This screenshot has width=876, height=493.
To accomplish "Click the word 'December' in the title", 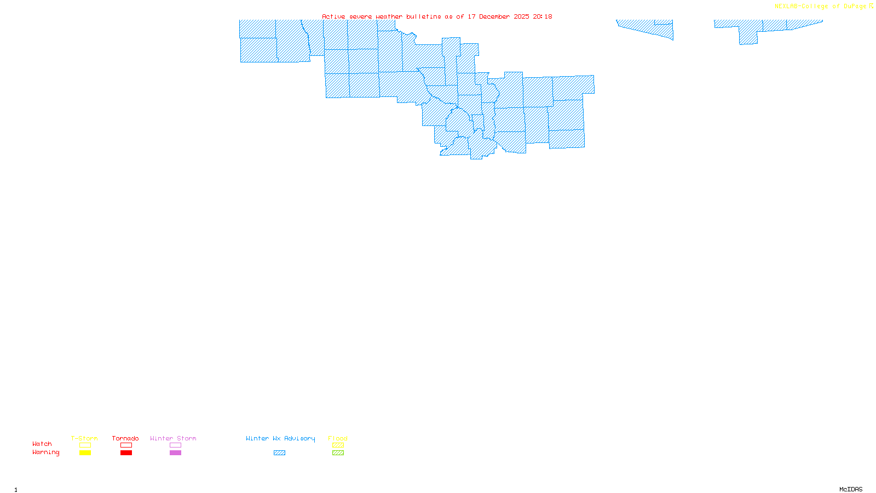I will click(x=494, y=16).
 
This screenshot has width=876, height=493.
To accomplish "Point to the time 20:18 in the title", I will click(x=542, y=16).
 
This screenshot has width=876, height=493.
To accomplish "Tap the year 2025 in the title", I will click(x=521, y=16).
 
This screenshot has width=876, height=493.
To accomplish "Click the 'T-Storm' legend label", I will click(x=84, y=438).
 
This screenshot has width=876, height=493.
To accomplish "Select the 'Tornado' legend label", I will click(x=125, y=438).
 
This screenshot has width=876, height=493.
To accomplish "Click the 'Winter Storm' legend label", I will click(x=173, y=438).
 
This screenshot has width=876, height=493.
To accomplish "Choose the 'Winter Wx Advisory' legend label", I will click(x=280, y=438).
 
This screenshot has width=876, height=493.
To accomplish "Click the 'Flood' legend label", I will click(x=338, y=438).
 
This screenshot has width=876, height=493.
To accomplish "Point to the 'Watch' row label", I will click(x=42, y=444).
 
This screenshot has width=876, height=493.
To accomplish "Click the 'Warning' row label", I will click(x=46, y=452).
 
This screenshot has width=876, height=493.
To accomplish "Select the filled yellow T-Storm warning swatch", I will click(x=85, y=453).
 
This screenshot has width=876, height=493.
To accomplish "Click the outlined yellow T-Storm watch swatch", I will click(x=85, y=445).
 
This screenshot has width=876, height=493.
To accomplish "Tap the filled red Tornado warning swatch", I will click(x=126, y=453).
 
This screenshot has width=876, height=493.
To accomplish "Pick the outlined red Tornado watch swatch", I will click(x=126, y=445).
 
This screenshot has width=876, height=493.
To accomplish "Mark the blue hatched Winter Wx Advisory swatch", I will click(x=279, y=453).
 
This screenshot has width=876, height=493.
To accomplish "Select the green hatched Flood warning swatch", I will click(x=338, y=453).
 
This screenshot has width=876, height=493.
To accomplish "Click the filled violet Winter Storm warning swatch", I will click(x=175, y=453).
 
